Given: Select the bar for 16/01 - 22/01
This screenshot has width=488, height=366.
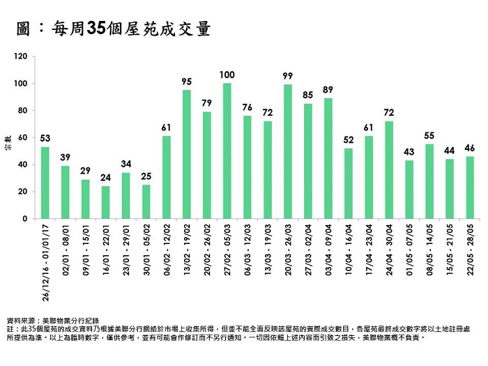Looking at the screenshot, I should click(106, 202).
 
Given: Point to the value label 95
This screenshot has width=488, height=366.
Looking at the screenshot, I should click(187, 82).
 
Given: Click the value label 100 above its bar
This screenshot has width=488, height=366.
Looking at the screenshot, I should click(227, 75).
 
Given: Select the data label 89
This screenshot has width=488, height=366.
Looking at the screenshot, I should click(328, 89).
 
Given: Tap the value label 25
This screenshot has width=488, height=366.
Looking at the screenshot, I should click(146, 176).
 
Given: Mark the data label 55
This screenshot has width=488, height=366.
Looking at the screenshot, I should click(429, 135).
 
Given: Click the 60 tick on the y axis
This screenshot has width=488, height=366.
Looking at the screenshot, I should click(24, 138).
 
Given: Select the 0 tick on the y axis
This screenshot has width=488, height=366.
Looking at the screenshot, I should click(26, 219).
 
